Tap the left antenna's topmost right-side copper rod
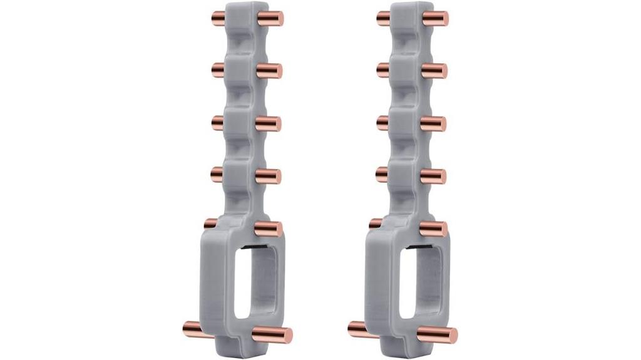pyautogui.click(x=271, y=17)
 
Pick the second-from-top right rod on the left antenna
pyautogui.click(x=270, y=71)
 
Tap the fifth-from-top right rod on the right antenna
pyautogui.click(x=436, y=228)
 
